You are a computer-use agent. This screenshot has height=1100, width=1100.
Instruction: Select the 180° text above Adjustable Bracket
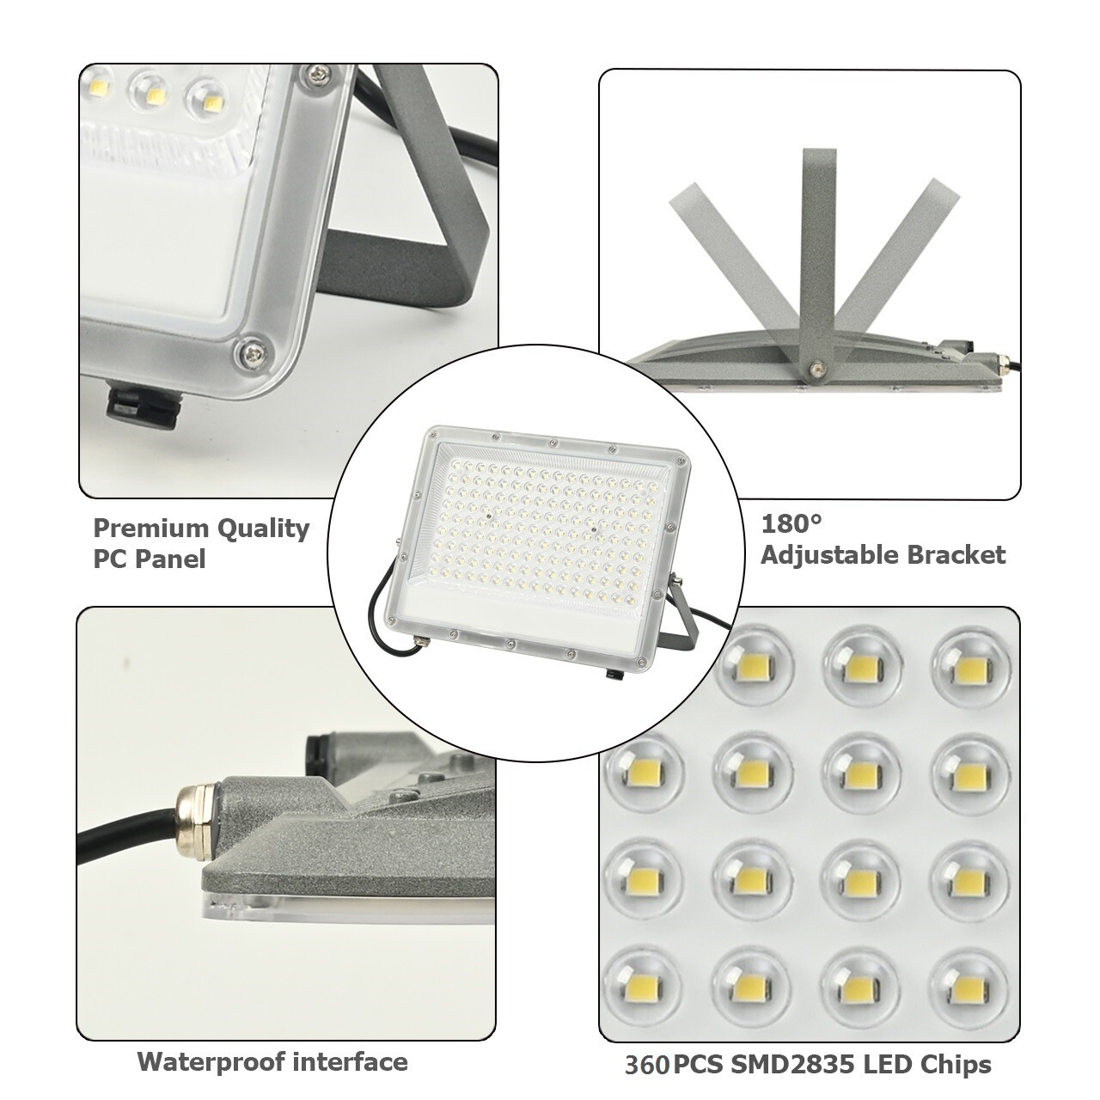(791, 523)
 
